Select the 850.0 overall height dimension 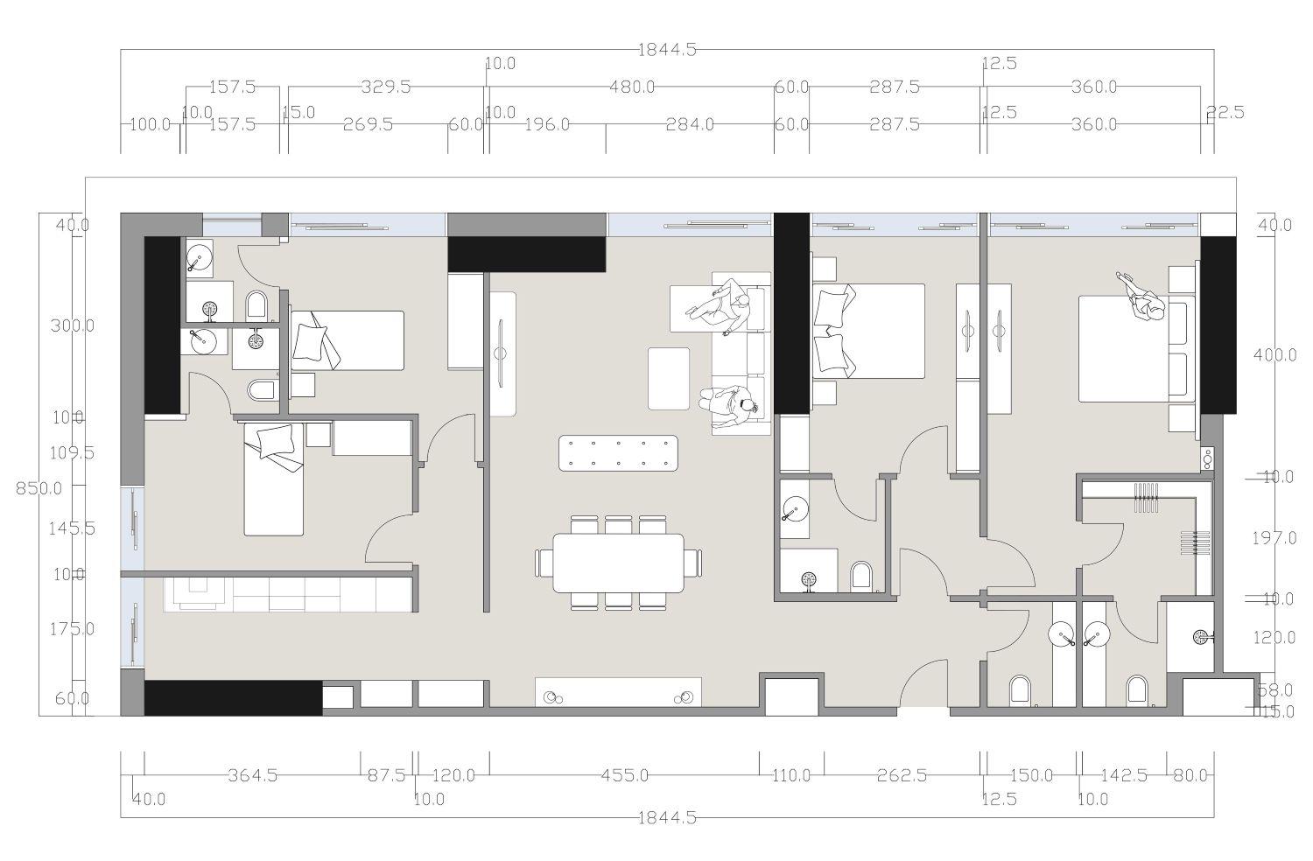(39, 488)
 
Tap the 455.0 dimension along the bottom (625, 775)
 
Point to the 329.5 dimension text (386, 87)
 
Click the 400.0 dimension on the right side (1274, 355)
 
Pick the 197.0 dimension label (1274, 538)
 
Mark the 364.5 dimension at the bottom (252, 775)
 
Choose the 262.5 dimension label (902, 775)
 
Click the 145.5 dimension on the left (73, 528)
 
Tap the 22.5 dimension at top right (1225, 112)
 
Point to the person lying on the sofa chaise (720, 306)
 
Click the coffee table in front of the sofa (669, 378)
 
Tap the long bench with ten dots (619, 453)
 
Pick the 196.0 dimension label (547, 124)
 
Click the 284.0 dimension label (690, 124)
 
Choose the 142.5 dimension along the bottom (1124, 775)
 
